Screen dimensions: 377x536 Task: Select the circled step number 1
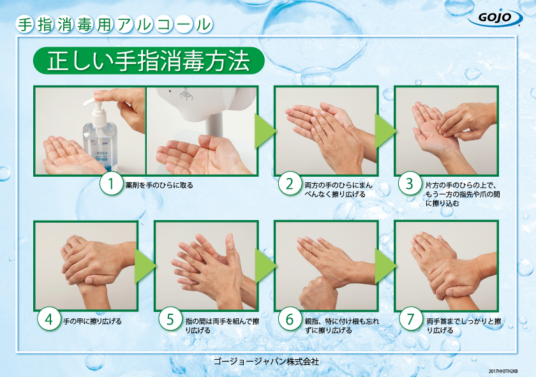[112, 185]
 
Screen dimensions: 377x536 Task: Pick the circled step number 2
[290, 185]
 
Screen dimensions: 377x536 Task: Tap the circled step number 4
[48, 320]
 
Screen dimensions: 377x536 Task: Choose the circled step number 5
[170, 320]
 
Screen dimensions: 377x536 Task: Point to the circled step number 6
[290, 320]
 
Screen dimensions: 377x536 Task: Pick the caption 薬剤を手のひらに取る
[159, 186]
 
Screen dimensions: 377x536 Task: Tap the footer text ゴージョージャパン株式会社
[267, 361]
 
